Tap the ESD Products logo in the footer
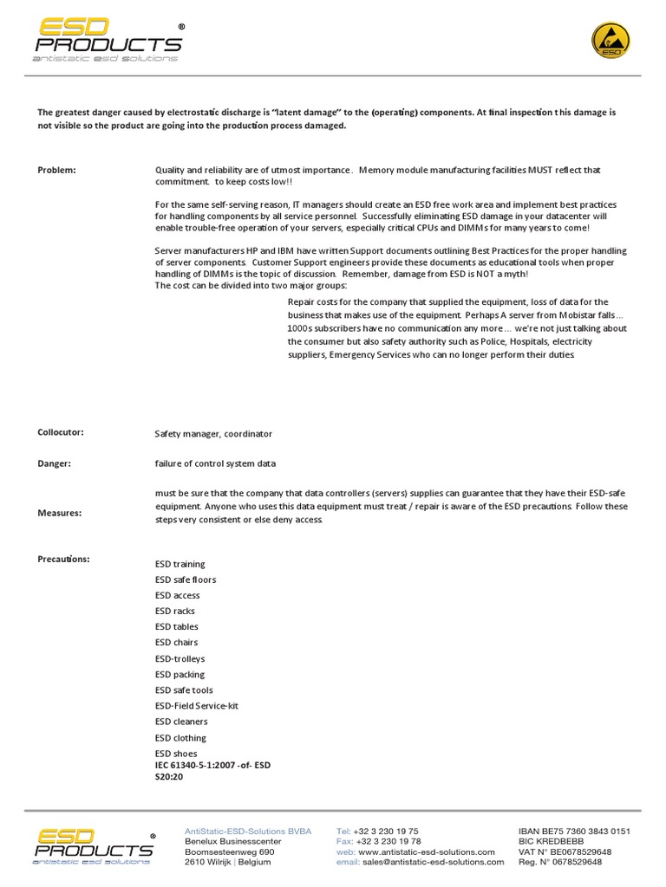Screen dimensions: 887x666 pos(95,845)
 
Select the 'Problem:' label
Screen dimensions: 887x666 pos(56,170)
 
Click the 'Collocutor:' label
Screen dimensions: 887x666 pos(61,431)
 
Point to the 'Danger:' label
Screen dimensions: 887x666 pos(54,463)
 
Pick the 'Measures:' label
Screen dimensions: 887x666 pos(59,513)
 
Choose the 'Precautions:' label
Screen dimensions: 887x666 pos(63,559)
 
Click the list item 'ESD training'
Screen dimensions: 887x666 pos(180,564)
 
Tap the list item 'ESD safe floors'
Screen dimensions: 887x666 pos(186,579)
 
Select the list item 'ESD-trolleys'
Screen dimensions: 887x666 pos(180,658)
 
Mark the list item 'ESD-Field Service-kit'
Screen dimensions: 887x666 pos(197,706)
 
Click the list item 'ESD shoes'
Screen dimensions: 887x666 pos(176,754)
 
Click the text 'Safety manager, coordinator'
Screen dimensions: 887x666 pos(213,434)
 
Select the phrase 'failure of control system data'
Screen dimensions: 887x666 pos(215,463)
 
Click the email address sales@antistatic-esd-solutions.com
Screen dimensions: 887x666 pos(433,862)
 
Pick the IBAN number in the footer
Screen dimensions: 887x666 pos(573,831)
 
